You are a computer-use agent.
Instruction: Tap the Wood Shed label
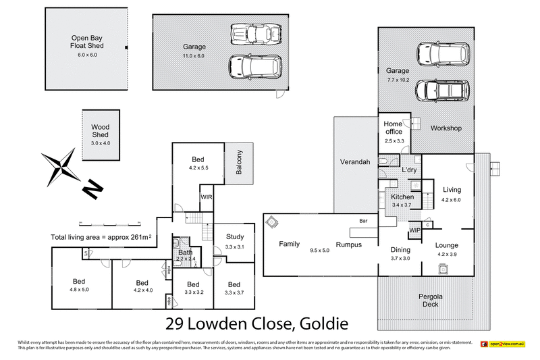click(x=101, y=130)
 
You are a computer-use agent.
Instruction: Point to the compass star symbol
click(x=60, y=164)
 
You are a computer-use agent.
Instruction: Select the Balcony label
click(x=239, y=162)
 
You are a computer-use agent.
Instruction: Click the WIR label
click(x=207, y=197)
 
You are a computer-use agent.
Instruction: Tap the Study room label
click(x=234, y=237)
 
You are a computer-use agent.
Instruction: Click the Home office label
click(x=393, y=128)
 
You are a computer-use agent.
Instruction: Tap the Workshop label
click(x=446, y=128)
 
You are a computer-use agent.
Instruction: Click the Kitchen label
click(x=402, y=197)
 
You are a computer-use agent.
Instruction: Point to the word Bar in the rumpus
click(x=364, y=220)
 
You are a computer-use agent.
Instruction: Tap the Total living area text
click(x=101, y=237)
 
